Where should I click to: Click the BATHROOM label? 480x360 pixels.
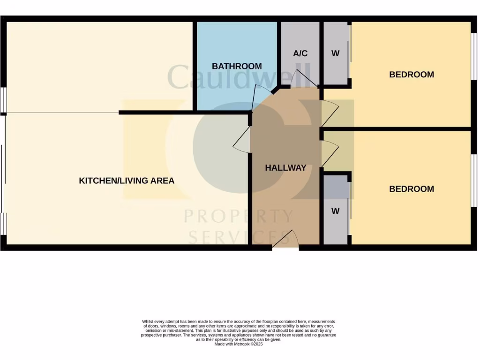pos(237,66)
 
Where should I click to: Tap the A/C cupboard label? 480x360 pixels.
pos(300,53)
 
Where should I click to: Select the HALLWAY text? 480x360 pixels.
pos(285,168)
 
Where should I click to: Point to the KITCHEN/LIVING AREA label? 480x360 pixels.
pos(127,180)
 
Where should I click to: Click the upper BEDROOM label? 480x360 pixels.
pos(412,75)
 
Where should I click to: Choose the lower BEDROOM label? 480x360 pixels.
pos(412,189)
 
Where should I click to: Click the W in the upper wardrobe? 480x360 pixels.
pos(335,53)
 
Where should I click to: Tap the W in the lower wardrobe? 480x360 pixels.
pos(335,211)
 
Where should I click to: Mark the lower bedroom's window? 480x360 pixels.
pos(473,180)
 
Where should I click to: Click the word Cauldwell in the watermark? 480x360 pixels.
pos(239,77)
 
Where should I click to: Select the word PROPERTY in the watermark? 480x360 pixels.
pos(239,217)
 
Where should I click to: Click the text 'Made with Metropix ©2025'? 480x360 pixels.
pos(239,344)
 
